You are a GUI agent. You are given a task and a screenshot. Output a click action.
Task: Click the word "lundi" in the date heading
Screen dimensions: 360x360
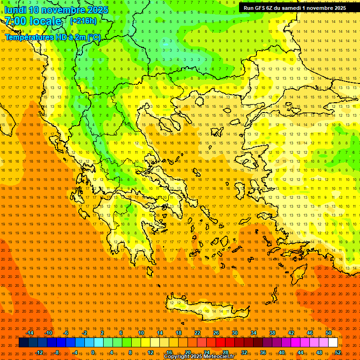coord(15,10)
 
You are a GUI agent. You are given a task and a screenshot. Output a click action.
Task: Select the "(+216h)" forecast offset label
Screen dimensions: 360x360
coord(83,21)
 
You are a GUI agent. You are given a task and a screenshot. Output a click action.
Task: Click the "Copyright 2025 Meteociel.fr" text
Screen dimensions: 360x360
coord(199,357)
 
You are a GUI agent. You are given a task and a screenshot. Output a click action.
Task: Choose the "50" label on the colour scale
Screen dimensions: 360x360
coord(328,333)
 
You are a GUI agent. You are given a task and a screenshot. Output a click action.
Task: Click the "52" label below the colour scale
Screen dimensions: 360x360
coord(338,352)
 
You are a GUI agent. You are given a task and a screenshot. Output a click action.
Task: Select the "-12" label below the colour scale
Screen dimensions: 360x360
coord(39,352)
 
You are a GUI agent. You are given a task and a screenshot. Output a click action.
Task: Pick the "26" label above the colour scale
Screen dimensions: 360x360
coord(216,333)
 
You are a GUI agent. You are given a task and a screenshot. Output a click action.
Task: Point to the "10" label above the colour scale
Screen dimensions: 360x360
coord(141,333)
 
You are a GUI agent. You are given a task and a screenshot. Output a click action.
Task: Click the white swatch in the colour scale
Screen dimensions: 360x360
coord(333,343)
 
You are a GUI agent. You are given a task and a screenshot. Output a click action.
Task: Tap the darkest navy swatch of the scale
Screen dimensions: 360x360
coord(23,343)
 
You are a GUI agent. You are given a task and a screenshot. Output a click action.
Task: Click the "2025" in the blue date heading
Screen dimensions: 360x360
coord(98,10)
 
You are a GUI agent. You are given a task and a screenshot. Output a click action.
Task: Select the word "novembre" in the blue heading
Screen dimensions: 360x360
coord(64,10)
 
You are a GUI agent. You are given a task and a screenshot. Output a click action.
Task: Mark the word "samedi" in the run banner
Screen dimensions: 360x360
coord(291,7)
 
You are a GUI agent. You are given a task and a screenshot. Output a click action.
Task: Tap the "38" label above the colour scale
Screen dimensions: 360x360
coord(272,333)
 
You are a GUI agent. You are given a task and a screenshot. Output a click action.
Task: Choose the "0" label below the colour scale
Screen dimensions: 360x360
coord(93,352)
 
